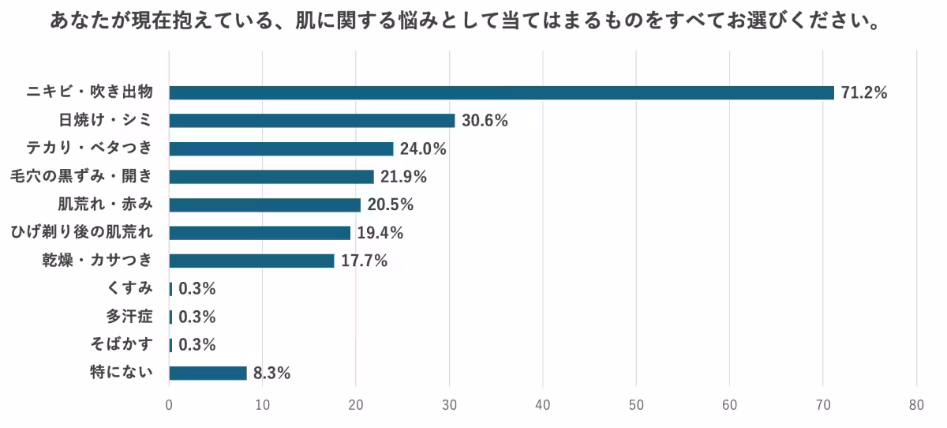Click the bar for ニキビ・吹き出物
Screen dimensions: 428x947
(x=501, y=92)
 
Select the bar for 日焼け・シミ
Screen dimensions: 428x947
(x=312, y=121)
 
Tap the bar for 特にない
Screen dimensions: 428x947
(x=208, y=373)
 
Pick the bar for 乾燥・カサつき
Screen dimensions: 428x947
(x=252, y=261)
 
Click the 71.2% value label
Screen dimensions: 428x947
(x=864, y=92)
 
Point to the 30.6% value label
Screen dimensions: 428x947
(x=485, y=121)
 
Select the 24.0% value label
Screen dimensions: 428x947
(x=423, y=148)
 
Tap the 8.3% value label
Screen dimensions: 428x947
(x=271, y=373)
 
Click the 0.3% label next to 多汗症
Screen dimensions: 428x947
(x=197, y=317)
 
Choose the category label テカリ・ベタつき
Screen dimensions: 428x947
(x=94, y=148)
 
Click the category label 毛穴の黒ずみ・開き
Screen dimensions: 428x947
(x=80, y=177)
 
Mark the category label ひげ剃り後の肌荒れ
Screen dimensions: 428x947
(x=80, y=232)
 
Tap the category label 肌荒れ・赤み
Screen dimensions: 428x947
(x=105, y=205)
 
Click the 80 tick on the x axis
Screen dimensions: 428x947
(x=916, y=405)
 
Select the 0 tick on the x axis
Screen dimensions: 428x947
(x=169, y=405)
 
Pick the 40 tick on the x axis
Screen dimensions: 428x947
(x=543, y=405)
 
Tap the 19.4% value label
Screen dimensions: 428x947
(x=380, y=232)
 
